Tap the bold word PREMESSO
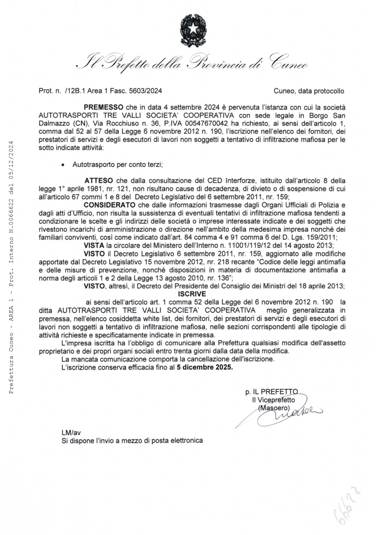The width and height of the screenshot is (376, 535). coord(104,107)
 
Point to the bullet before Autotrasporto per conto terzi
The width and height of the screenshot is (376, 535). coord(63,165)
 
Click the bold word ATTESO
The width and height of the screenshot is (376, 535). coord(99,180)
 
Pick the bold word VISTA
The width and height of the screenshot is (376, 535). coord(94,246)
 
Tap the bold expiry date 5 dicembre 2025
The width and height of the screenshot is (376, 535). coord(205,367)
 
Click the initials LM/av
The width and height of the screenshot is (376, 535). coord(71,432)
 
